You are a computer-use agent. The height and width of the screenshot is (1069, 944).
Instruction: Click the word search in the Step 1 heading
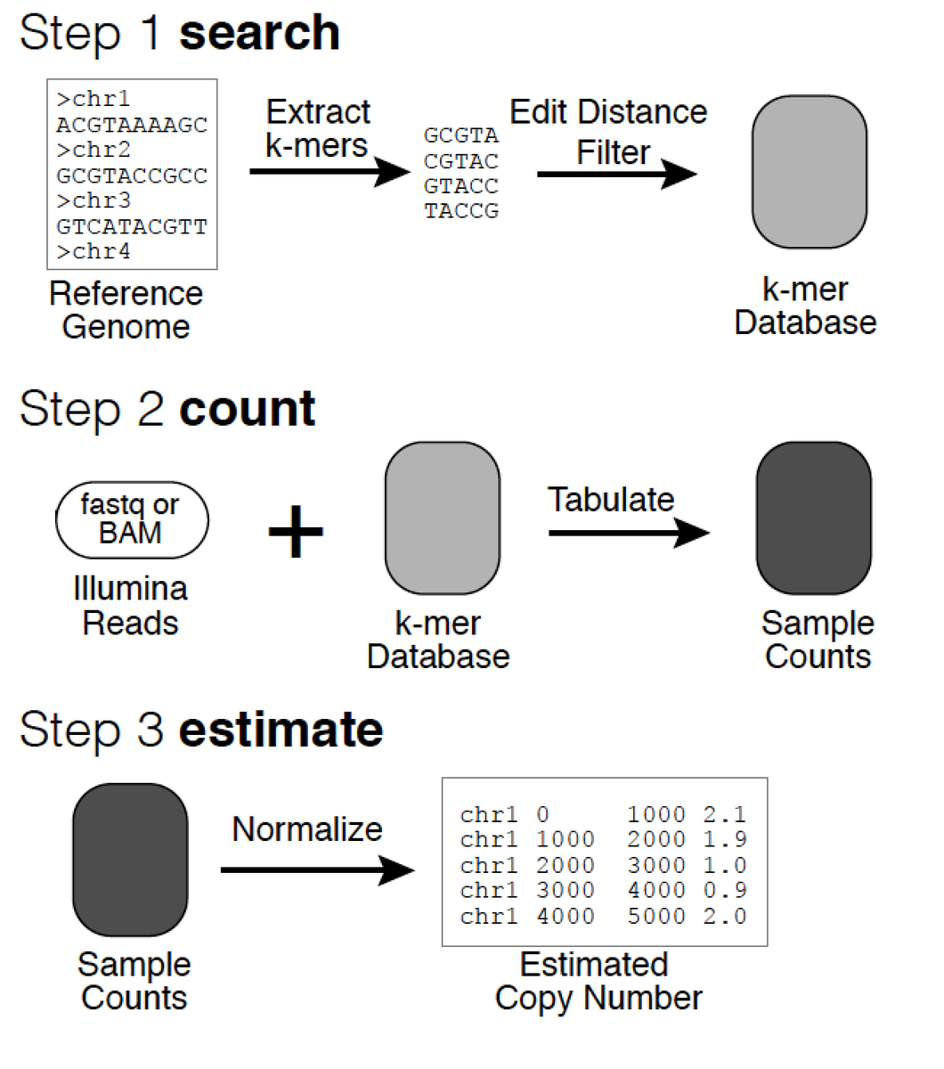[x=259, y=34]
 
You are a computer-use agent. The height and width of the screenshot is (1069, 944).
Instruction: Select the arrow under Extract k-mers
[x=329, y=170]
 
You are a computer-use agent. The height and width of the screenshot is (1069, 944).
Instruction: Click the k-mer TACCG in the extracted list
[x=461, y=211]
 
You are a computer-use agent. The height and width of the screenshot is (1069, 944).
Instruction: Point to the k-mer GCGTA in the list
[x=461, y=135]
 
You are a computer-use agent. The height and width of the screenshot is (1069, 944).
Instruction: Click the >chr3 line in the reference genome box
[x=94, y=200]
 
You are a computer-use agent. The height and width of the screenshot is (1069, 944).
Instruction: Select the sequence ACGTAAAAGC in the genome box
[x=132, y=124]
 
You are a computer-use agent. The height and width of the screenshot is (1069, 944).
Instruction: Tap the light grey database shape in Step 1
[x=809, y=172]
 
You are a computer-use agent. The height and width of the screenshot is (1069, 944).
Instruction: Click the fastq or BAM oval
[x=132, y=518]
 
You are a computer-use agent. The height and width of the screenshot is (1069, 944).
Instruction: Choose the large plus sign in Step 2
[x=296, y=532]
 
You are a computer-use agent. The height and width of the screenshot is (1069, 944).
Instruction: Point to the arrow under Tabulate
[x=628, y=534]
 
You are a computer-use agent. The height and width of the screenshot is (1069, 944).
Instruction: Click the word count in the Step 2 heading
[x=247, y=410]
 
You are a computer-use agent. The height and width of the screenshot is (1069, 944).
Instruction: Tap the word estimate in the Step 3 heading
[x=281, y=730]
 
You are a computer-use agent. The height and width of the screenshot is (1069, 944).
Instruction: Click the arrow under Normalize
[x=317, y=869]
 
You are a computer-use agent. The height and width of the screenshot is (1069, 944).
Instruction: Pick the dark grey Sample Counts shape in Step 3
[x=130, y=860]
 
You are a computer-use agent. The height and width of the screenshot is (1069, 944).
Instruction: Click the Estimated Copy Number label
[x=598, y=981]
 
